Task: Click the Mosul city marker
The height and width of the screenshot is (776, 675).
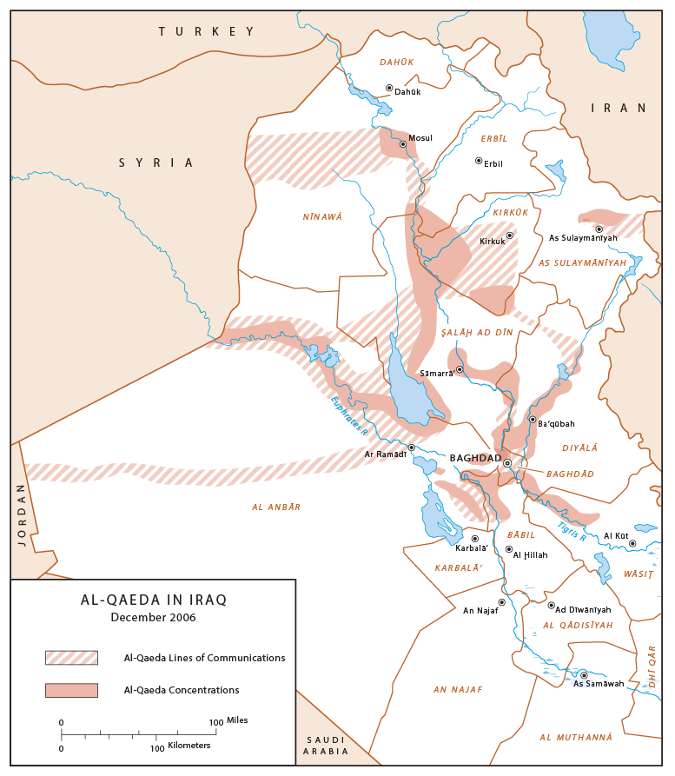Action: pyautogui.click(x=403, y=144)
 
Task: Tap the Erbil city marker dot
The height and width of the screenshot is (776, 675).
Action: pyautogui.click(x=479, y=161)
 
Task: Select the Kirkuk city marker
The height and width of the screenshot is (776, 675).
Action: pyautogui.click(x=510, y=235)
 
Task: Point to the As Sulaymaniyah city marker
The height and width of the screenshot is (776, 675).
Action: pyautogui.click(x=599, y=229)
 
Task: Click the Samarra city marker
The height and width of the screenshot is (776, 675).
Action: pyautogui.click(x=460, y=369)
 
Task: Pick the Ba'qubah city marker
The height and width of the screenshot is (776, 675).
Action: pyautogui.click(x=533, y=420)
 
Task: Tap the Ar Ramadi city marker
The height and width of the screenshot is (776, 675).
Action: pyautogui.click(x=412, y=448)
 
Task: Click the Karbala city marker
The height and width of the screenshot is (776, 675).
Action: pyautogui.click(x=474, y=539)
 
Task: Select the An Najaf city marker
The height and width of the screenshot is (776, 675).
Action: pyautogui.click(x=501, y=602)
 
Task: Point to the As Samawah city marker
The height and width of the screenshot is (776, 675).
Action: pyautogui.click(x=584, y=675)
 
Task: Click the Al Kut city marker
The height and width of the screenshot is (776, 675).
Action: pyautogui.click(x=632, y=544)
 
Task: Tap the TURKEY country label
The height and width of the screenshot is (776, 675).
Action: pyautogui.click(x=206, y=31)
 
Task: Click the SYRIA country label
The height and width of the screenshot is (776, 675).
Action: pyautogui.click(x=156, y=162)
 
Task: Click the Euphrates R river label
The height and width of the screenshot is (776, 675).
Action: pyautogui.click(x=349, y=415)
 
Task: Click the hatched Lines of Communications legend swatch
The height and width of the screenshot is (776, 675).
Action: pyautogui.click(x=71, y=658)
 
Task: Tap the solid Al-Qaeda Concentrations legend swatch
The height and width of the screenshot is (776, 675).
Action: pyautogui.click(x=71, y=690)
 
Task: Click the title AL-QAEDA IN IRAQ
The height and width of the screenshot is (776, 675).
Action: pyautogui.click(x=154, y=600)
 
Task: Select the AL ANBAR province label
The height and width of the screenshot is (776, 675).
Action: pyautogui.click(x=276, y=507)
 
